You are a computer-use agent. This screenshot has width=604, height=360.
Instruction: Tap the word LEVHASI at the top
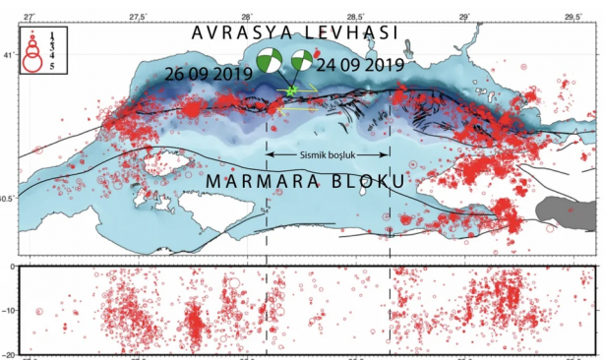click(349, 31)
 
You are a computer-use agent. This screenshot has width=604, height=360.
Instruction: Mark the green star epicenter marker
click(291, 90)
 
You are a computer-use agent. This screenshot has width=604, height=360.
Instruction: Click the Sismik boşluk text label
click(329, 155)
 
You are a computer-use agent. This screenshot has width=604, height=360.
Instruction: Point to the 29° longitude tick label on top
click(464, 17)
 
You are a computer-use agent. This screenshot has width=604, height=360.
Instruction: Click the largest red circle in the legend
click(33, 64)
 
